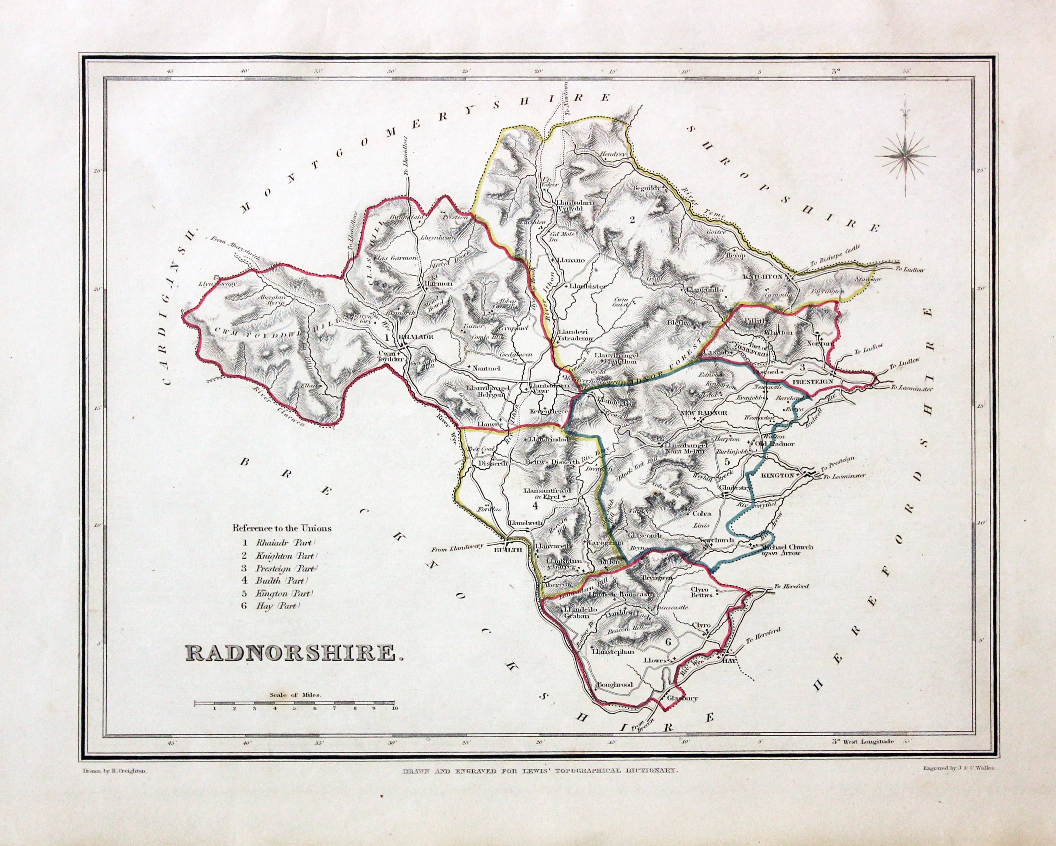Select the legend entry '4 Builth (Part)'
coord(274,581)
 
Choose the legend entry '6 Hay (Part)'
coord(270,606)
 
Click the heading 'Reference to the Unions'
coord(282,528)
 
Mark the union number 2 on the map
coord(632,220)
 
